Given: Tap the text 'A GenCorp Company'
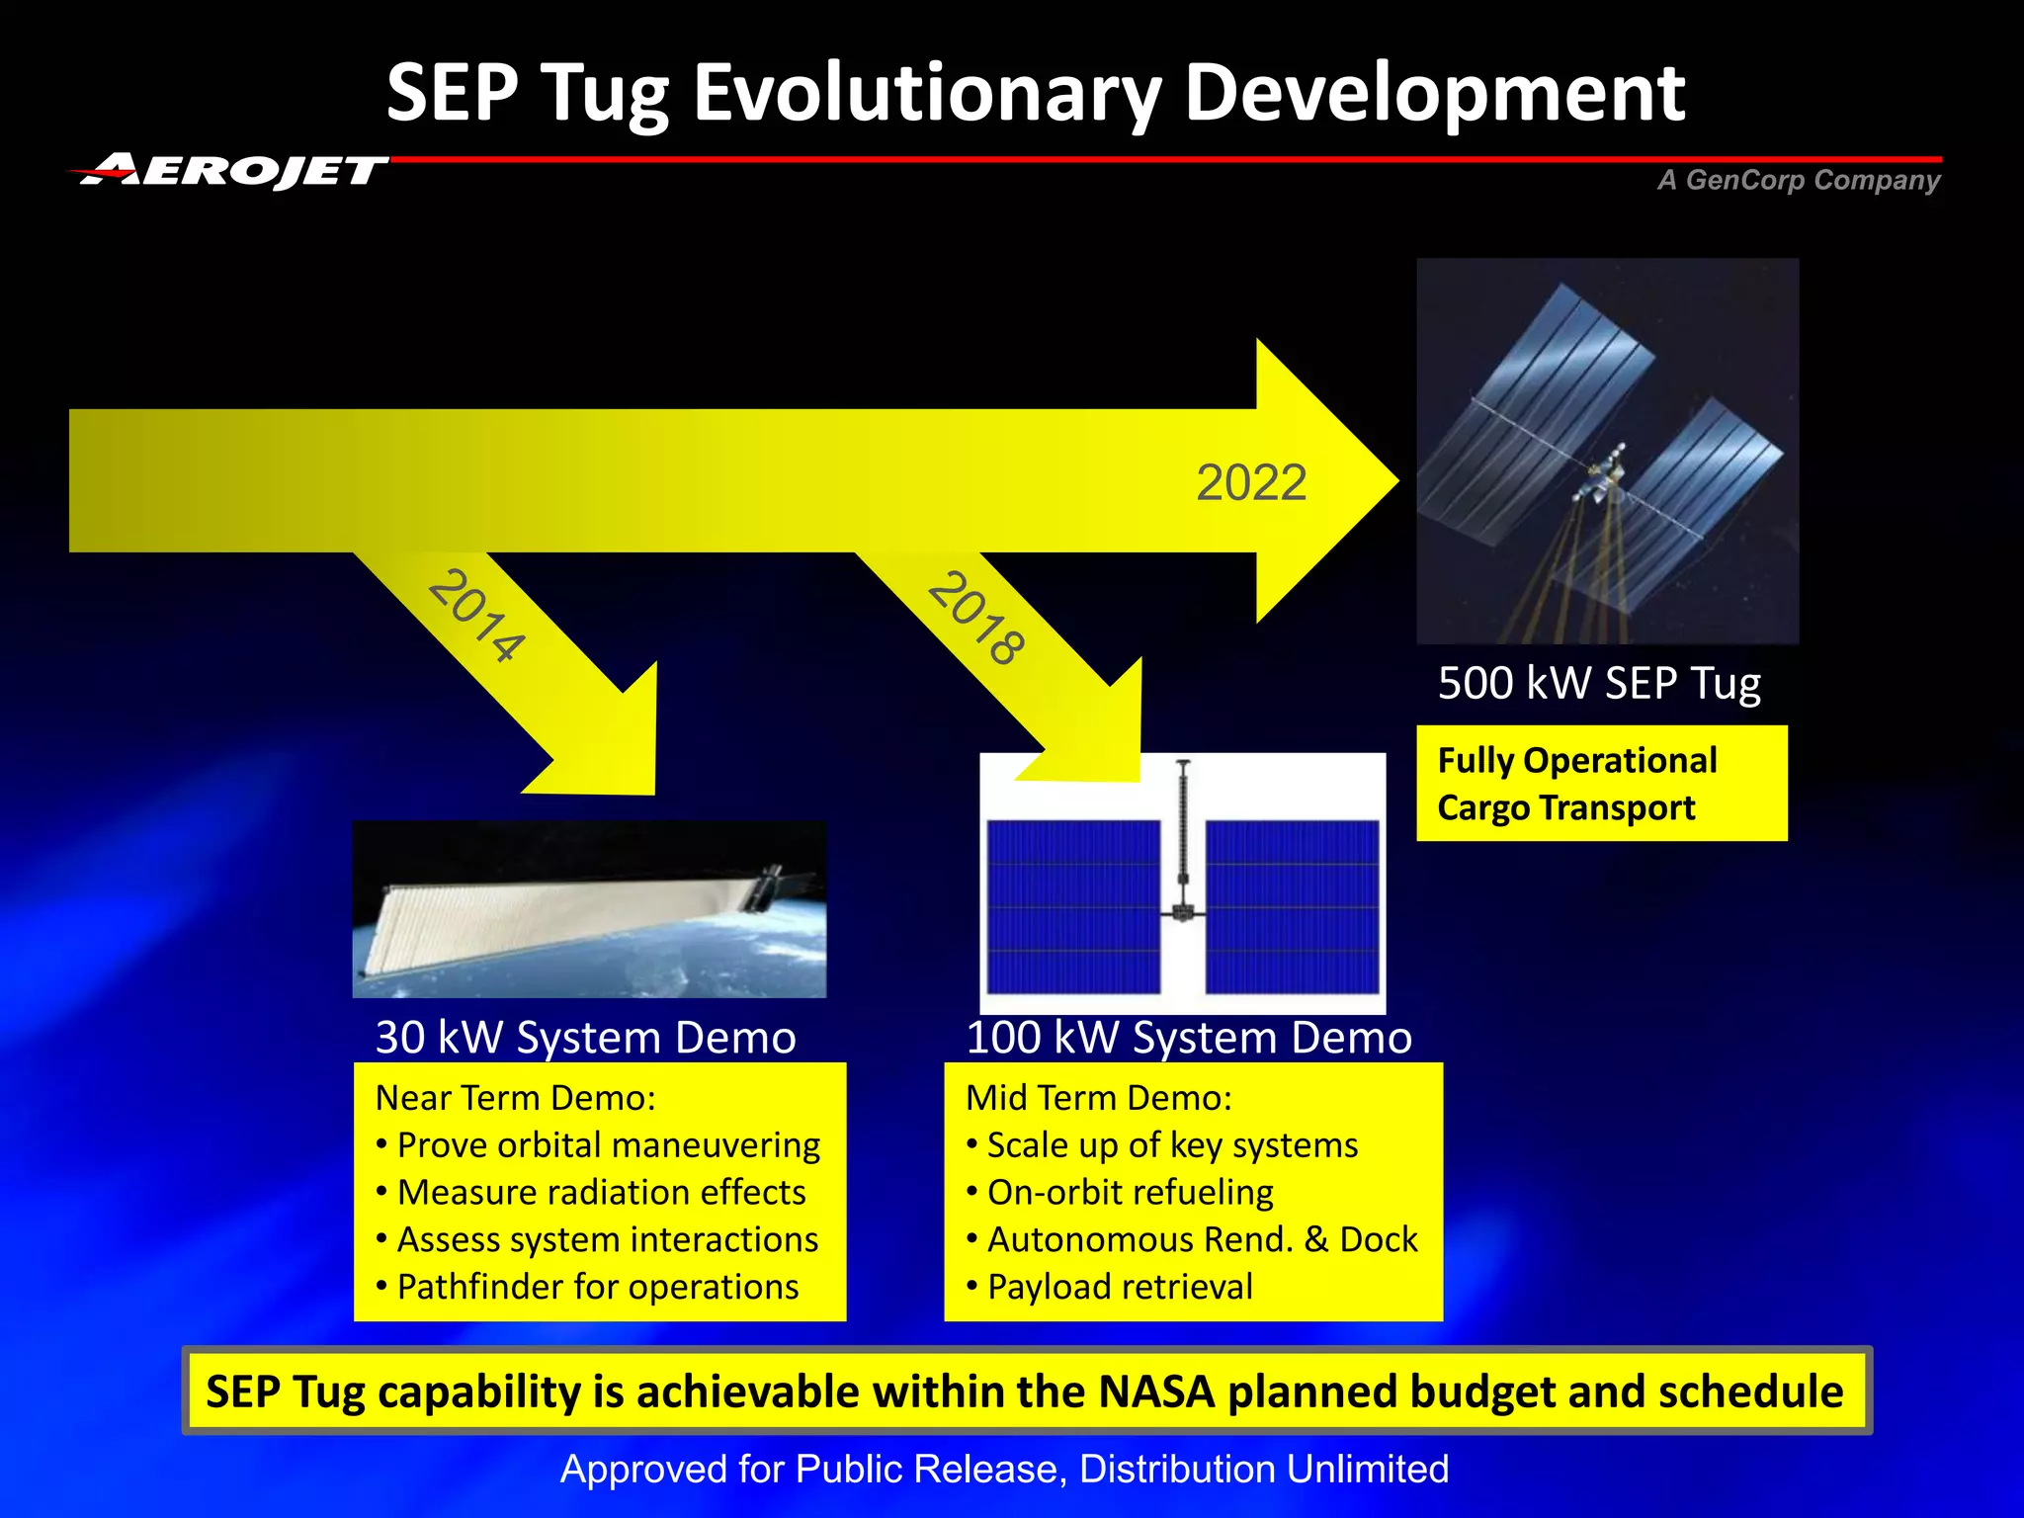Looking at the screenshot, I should point(1799,180).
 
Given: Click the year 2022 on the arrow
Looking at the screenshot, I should point(1251,483).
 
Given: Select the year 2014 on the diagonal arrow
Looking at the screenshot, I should point(476,615).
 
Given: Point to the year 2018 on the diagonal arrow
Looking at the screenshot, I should point(976,619).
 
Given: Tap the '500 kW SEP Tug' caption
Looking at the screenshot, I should point(1598,683).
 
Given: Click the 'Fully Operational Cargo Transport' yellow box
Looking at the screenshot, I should point(1601,784).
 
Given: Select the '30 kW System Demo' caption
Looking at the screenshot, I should point(585,1038).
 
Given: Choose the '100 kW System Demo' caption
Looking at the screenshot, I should point(1189,1038).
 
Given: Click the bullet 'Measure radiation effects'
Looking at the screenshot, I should point(601,1193).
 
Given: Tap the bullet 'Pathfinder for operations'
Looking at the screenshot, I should point(597,1288).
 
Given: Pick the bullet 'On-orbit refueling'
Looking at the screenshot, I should point(1130,1193).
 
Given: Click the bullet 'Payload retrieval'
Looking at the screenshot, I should point(1119,1288).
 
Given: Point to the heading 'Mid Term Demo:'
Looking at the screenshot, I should point(1099,1098).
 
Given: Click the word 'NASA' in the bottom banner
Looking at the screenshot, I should point(1155,1391).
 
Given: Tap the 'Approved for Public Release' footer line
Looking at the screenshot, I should point(1004,1470).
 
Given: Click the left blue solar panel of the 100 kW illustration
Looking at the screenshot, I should point(1073,906).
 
